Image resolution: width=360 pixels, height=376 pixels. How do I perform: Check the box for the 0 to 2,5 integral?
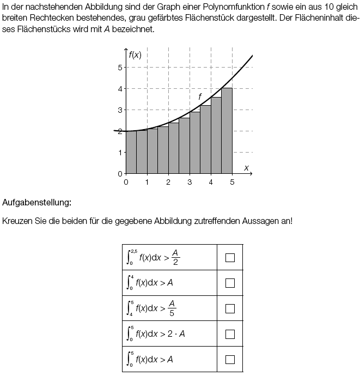pyautogui.click(x=230, y=258)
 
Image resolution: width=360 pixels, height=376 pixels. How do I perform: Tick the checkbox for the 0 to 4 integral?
pyautogui.click(x=230, y=283)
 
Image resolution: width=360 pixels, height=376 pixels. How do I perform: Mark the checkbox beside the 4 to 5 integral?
pyautogui.click(x=230, y=308)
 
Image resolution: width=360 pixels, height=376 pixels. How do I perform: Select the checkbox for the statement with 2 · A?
pyautogui.click(x=230, y=334)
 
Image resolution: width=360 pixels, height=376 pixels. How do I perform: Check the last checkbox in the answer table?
pyautogui.click(x=230, y=359)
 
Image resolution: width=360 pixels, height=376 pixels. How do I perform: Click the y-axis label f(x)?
pyautogui.click(x=135, y=54)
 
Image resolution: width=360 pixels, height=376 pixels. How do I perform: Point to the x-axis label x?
pyautogui.click(x=246, y=168)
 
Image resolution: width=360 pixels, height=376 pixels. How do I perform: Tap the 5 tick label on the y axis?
pyautogui.click(x=119, y=68)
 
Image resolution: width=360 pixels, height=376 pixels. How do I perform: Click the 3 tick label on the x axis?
pyautogui.click(x=190, y=182)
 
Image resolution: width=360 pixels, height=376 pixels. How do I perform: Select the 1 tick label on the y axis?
pyautogui.click(x=119, y=152)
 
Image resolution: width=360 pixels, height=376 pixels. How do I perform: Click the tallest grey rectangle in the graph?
pyautogui.click(x=227, y=131)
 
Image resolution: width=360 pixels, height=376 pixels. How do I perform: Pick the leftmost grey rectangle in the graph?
pyautogui.click(x=131, y=153)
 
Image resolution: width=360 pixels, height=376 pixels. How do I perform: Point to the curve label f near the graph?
pyautogui.click(x=200, y=96)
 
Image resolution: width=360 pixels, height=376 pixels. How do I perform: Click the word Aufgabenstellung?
pyautogui.click(x=36, y=203)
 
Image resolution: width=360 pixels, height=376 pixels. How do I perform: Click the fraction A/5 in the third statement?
pyautogui.click(x=172, y=308)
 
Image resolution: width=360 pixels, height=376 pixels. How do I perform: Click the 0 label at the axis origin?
pyautogui.click(x=126, y=182)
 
